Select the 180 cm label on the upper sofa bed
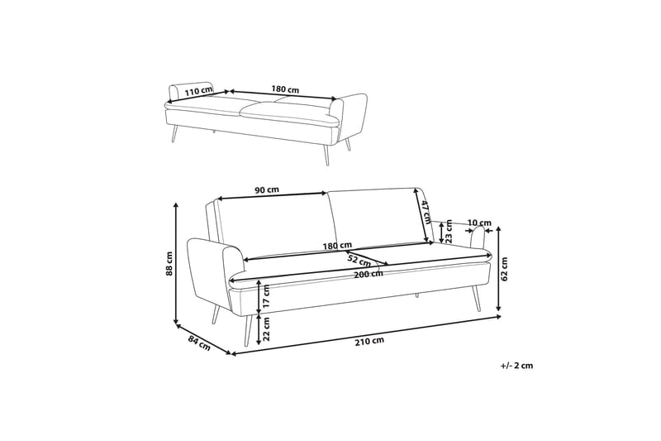[285, 89]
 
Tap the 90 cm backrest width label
[266, 189]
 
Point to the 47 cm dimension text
[426, 213]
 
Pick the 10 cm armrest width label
[478, 223]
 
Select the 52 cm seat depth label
[359, 262]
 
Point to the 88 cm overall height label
[169, 262]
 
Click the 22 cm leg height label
[266, 330]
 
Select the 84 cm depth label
[198, 342]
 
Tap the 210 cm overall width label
[369, 340]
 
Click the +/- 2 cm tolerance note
[516, 365]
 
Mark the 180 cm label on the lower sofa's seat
[339, 246]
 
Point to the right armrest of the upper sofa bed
[354, 116]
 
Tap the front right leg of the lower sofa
[475, 298]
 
